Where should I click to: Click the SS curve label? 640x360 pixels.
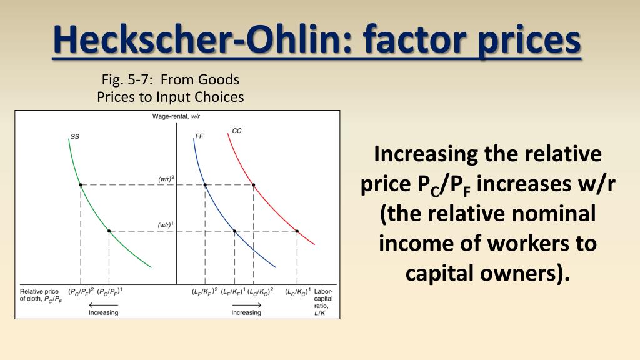coord(75,135)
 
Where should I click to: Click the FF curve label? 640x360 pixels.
coord(199,135)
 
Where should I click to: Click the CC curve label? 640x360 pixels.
coord(237,131)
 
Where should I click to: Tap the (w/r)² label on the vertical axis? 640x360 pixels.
coord(166,179)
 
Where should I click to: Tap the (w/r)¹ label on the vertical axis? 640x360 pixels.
coord(165,225)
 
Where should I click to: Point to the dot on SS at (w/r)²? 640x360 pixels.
coord(81,185)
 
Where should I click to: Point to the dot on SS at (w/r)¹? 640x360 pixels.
coord(109,231)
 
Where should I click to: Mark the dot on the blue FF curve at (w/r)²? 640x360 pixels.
coord(205,185)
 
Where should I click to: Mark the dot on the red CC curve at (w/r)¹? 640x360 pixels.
coord(297,231)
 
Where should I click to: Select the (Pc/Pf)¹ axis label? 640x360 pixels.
coord(110,291)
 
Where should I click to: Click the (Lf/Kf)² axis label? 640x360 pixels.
coord(204,291)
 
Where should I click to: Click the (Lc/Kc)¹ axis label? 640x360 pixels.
coord(298,291)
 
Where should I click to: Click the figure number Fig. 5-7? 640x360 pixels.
coord(129,79)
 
